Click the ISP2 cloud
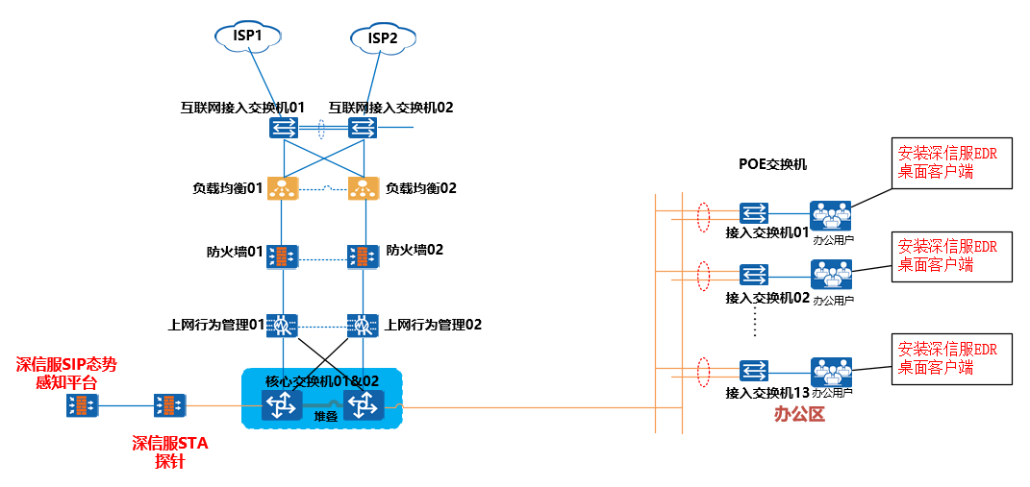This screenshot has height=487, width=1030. [383, 38]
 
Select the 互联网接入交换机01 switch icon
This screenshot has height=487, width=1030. [283, 128]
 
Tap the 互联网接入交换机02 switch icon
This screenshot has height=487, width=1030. [363, 128]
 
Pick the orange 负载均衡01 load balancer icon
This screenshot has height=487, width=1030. [283, 188]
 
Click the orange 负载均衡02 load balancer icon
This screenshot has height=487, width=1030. [363, 188]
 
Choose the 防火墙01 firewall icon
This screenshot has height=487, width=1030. [283, 256]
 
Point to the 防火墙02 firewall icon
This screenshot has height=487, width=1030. [363, 256]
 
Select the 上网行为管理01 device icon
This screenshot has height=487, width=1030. [283, 325]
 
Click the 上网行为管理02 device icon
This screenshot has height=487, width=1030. [363, 325]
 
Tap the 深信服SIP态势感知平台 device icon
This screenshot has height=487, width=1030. [82, 405]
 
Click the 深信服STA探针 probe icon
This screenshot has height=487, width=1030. [170, 405]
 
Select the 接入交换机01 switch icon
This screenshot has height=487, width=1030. [754, 212]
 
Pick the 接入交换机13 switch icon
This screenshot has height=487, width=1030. [754, 370]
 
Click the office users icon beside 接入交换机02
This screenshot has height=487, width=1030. [831, 275]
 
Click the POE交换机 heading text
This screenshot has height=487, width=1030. [772, 165]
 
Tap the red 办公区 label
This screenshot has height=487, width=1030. [799, 414]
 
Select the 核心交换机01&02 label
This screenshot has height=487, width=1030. [322, 380]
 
